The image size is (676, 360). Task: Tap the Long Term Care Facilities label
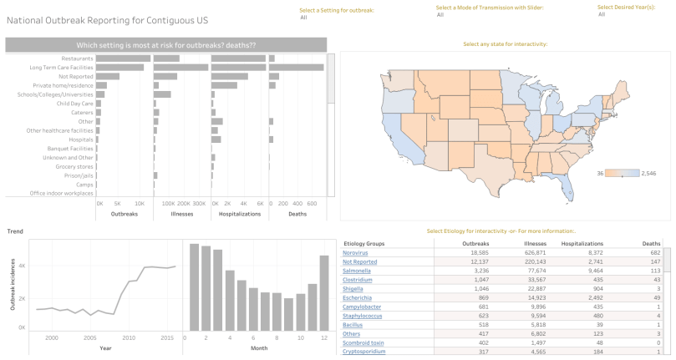click(x=61, y=67)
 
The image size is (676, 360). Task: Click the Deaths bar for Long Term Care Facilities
click(x=296, y=67)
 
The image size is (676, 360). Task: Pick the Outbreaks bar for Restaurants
click(x=123, y=58)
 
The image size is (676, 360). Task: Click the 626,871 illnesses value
click(x=530, y=251)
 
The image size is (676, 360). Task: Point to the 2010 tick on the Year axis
click(x=128, y=337)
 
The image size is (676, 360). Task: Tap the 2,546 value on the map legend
click(x=653, y=173)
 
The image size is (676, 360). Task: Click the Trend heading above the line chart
click(x=16, y=231)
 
